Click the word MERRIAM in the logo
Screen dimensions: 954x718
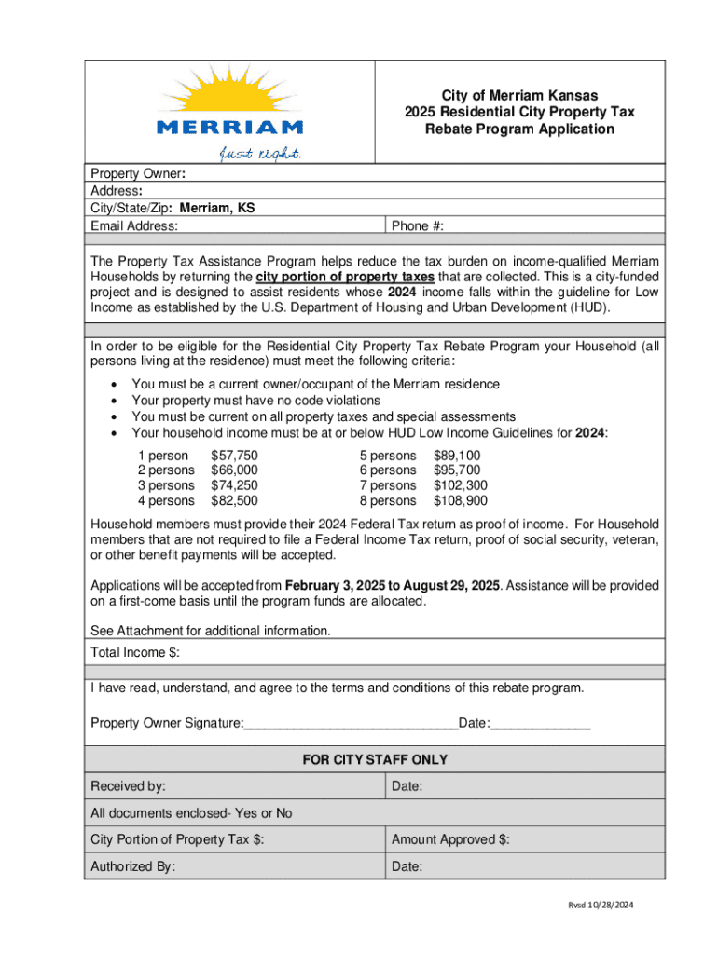tap(229, 127)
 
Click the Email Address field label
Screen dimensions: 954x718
tap(134, 225)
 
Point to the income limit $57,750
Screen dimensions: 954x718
tap(234, 456)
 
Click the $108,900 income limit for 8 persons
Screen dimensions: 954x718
tap(461, 500)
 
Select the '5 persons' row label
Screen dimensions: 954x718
tap(388, 456)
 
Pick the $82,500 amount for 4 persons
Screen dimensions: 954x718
tap(234, 500)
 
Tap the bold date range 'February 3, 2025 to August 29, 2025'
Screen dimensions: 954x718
tap(393, 586)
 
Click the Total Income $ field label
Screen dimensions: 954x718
tap(135, 653)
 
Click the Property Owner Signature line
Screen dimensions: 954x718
tap(350, 724)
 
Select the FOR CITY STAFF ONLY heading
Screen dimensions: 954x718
tap(375, 760)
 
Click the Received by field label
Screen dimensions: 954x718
tap(129, 787)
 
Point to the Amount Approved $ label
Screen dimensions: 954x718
tap(450, 840)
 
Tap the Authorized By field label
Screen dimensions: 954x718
tap(132, 866)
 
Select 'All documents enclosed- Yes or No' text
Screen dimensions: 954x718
tap(191, 813)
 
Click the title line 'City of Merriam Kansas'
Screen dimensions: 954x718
tap(519, 95)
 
